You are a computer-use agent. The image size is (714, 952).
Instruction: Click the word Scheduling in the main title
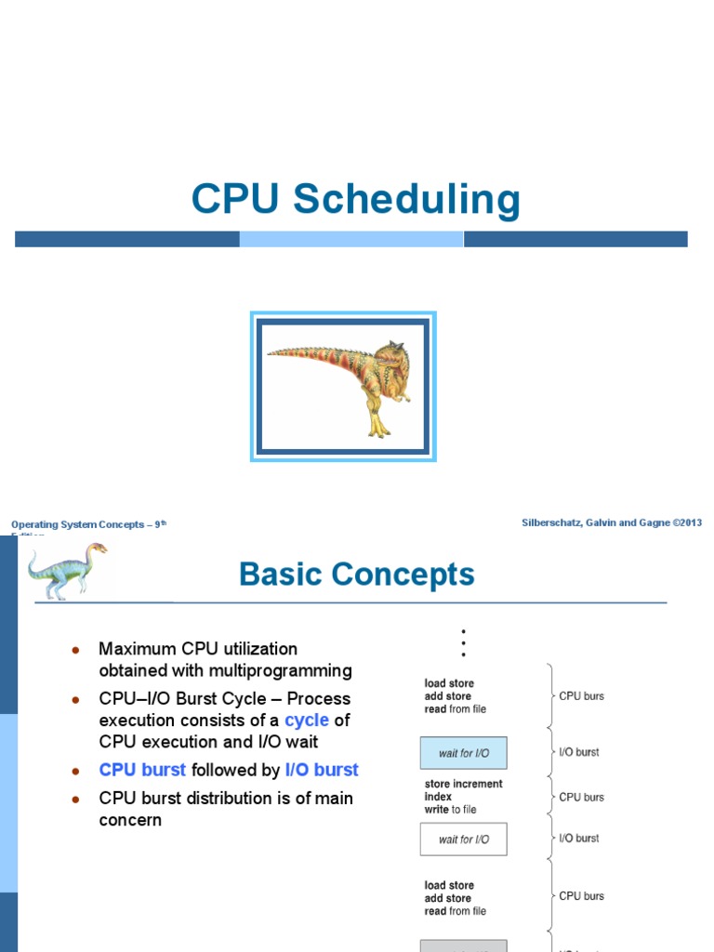[406, 201]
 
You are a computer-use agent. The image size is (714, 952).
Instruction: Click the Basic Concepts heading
[357, 575]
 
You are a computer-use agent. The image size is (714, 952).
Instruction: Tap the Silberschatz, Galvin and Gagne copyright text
[612, 522]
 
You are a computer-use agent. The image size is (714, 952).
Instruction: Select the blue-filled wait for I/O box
[463, 753]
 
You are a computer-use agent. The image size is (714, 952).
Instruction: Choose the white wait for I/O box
[463, 839]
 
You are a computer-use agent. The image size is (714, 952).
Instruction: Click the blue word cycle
[306, 721]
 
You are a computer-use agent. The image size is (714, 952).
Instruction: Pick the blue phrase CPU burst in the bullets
[142, 770]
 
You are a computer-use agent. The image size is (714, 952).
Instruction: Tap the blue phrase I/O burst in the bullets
[322, 770]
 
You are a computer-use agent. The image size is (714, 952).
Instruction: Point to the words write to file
[450, 810]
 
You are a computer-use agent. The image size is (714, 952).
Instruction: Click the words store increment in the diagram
[463, 784]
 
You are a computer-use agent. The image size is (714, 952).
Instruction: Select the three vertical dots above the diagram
[462, 641]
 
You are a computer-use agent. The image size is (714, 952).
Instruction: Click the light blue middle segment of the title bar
[351, 239]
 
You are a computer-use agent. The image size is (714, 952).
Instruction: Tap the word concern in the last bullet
[130, 820]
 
